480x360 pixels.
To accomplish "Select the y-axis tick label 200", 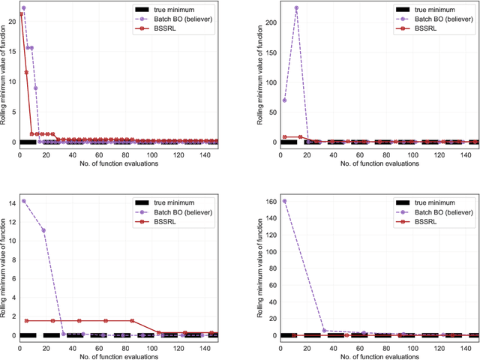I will click(269, 23).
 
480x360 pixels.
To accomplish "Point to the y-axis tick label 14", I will click(9, 201).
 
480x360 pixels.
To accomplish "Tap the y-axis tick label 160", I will click(268, 201).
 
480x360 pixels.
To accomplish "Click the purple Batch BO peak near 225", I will click(296, 8).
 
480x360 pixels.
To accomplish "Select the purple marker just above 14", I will click(24, 201).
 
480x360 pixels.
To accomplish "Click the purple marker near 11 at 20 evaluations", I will click(43, 230).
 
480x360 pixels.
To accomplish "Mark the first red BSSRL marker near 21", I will click(21, 13).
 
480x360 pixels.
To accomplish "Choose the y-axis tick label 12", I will click(9, 220).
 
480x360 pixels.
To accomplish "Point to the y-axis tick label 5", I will click(11, 111).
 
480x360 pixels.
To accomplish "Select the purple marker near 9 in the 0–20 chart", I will click(35, 88).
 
